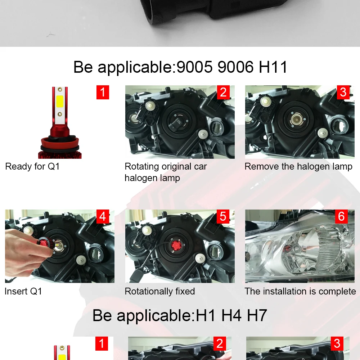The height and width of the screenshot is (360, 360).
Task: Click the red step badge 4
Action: point(103,216)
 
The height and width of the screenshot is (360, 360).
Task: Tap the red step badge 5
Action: point(223,216)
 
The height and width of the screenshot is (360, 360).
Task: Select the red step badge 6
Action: point(341,216)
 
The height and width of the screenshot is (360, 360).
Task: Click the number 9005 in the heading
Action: point(195,67)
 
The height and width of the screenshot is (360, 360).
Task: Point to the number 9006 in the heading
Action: point(235,67)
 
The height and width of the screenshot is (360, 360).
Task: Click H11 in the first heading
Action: point(273,67)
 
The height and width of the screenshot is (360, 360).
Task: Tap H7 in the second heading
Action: point(257,315)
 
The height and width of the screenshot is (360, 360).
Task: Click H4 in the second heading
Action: point(231,315)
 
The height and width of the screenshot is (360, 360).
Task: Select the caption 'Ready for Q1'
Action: point(32,166)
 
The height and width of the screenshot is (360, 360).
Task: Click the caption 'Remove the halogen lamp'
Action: point(298,167)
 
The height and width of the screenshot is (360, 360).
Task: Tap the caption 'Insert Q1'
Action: point(23,291)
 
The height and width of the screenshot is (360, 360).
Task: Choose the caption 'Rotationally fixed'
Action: point(160,291)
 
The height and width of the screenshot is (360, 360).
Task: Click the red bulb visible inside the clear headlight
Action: point(287,249)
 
